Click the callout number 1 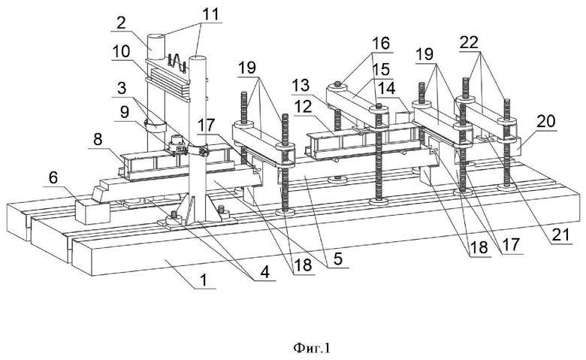(x=204, y=280)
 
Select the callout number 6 (x=54, y=178)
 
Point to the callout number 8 (x=98, y=140)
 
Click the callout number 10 (x=122, y=51)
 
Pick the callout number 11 (x=210, y=14)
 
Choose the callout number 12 (x=303, y=107)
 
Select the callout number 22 (x=469, y=42)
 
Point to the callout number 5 (x=338, y=259)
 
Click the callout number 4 (x=264, y=272)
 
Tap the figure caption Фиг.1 (x=312, y=348)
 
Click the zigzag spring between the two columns (x=177, y=62)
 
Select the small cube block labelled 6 (x=92, y=211)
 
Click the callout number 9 (x=124, y=111)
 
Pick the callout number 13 (x=301, y=86)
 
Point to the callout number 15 (x=381, y=69)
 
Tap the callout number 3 (x=121, y=89)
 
